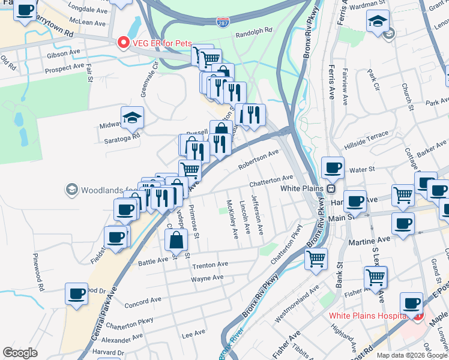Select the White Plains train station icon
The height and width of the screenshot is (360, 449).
330,188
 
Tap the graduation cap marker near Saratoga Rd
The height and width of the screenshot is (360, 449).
132,118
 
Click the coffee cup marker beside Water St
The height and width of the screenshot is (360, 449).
333,167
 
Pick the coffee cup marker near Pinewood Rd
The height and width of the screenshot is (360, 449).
77,294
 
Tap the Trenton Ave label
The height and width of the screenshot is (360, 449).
210,264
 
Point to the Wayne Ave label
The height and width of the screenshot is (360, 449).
207,278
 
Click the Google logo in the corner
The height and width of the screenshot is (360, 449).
20,353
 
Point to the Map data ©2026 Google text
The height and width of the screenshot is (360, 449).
412,355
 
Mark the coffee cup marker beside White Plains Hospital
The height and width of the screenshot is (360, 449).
411,304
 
